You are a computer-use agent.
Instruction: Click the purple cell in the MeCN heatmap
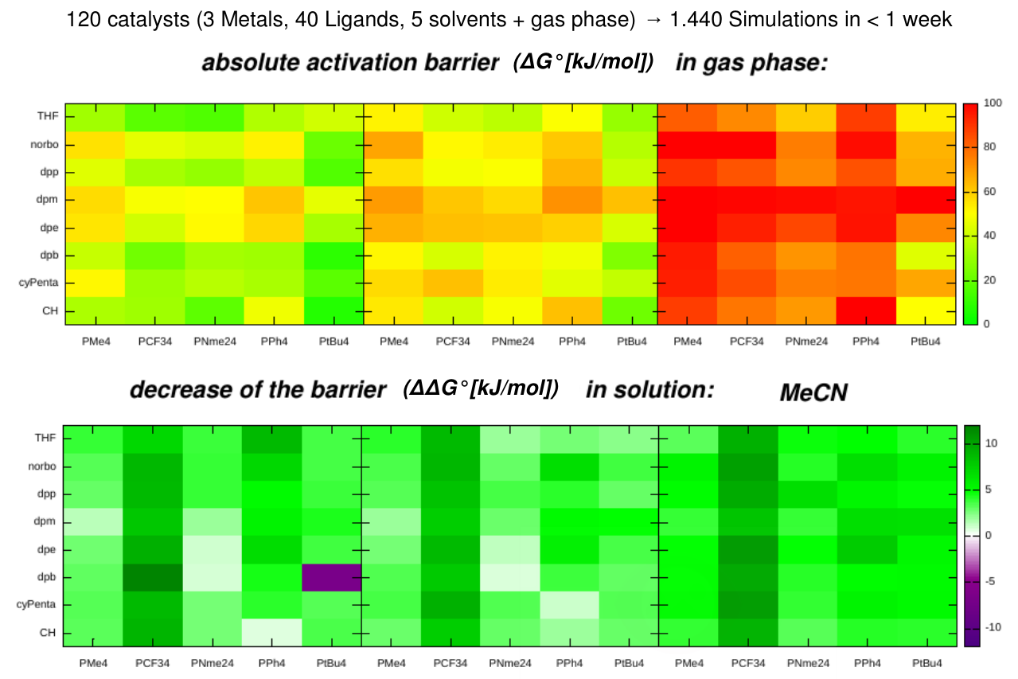[x=332, y=577]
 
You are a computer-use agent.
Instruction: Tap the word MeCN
[x=813, y=392]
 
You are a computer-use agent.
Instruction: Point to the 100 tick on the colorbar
[x=994, y=103]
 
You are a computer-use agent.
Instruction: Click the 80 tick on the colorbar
[x=993, y=147]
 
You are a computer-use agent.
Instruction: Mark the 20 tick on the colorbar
[x=993, y=280]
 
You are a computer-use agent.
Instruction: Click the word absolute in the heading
[x=247, y=64]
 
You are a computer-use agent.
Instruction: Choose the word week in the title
[x=926, y=19]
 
